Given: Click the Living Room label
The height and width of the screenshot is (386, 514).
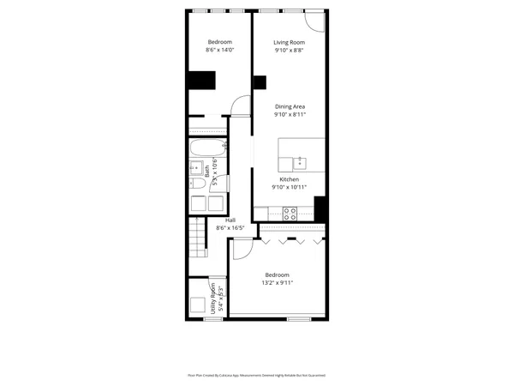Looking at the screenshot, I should coord(289,43).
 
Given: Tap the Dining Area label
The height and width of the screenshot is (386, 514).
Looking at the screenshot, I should coord(290,106).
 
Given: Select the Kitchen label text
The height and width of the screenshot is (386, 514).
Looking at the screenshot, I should coord(289,179).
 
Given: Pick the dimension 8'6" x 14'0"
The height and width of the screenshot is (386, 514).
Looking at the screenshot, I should coord(219,51).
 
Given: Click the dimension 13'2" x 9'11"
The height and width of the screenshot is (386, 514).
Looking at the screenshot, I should coord(277,283).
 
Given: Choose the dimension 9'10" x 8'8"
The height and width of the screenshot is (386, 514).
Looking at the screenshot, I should coord(289,51).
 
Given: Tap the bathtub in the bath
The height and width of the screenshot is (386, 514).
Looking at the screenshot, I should coord(208,147).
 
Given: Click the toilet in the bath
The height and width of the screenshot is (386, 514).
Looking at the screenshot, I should coord(197,183).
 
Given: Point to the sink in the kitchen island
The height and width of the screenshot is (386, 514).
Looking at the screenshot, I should coord(300,161).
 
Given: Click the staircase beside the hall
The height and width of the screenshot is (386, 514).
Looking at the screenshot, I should coord(197,238).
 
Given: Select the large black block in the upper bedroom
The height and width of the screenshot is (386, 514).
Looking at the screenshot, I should coord(202,81).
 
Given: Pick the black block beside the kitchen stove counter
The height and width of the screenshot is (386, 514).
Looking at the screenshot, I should coord(320,208).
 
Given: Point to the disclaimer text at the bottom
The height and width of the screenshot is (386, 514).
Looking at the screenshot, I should coord(256,375).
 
